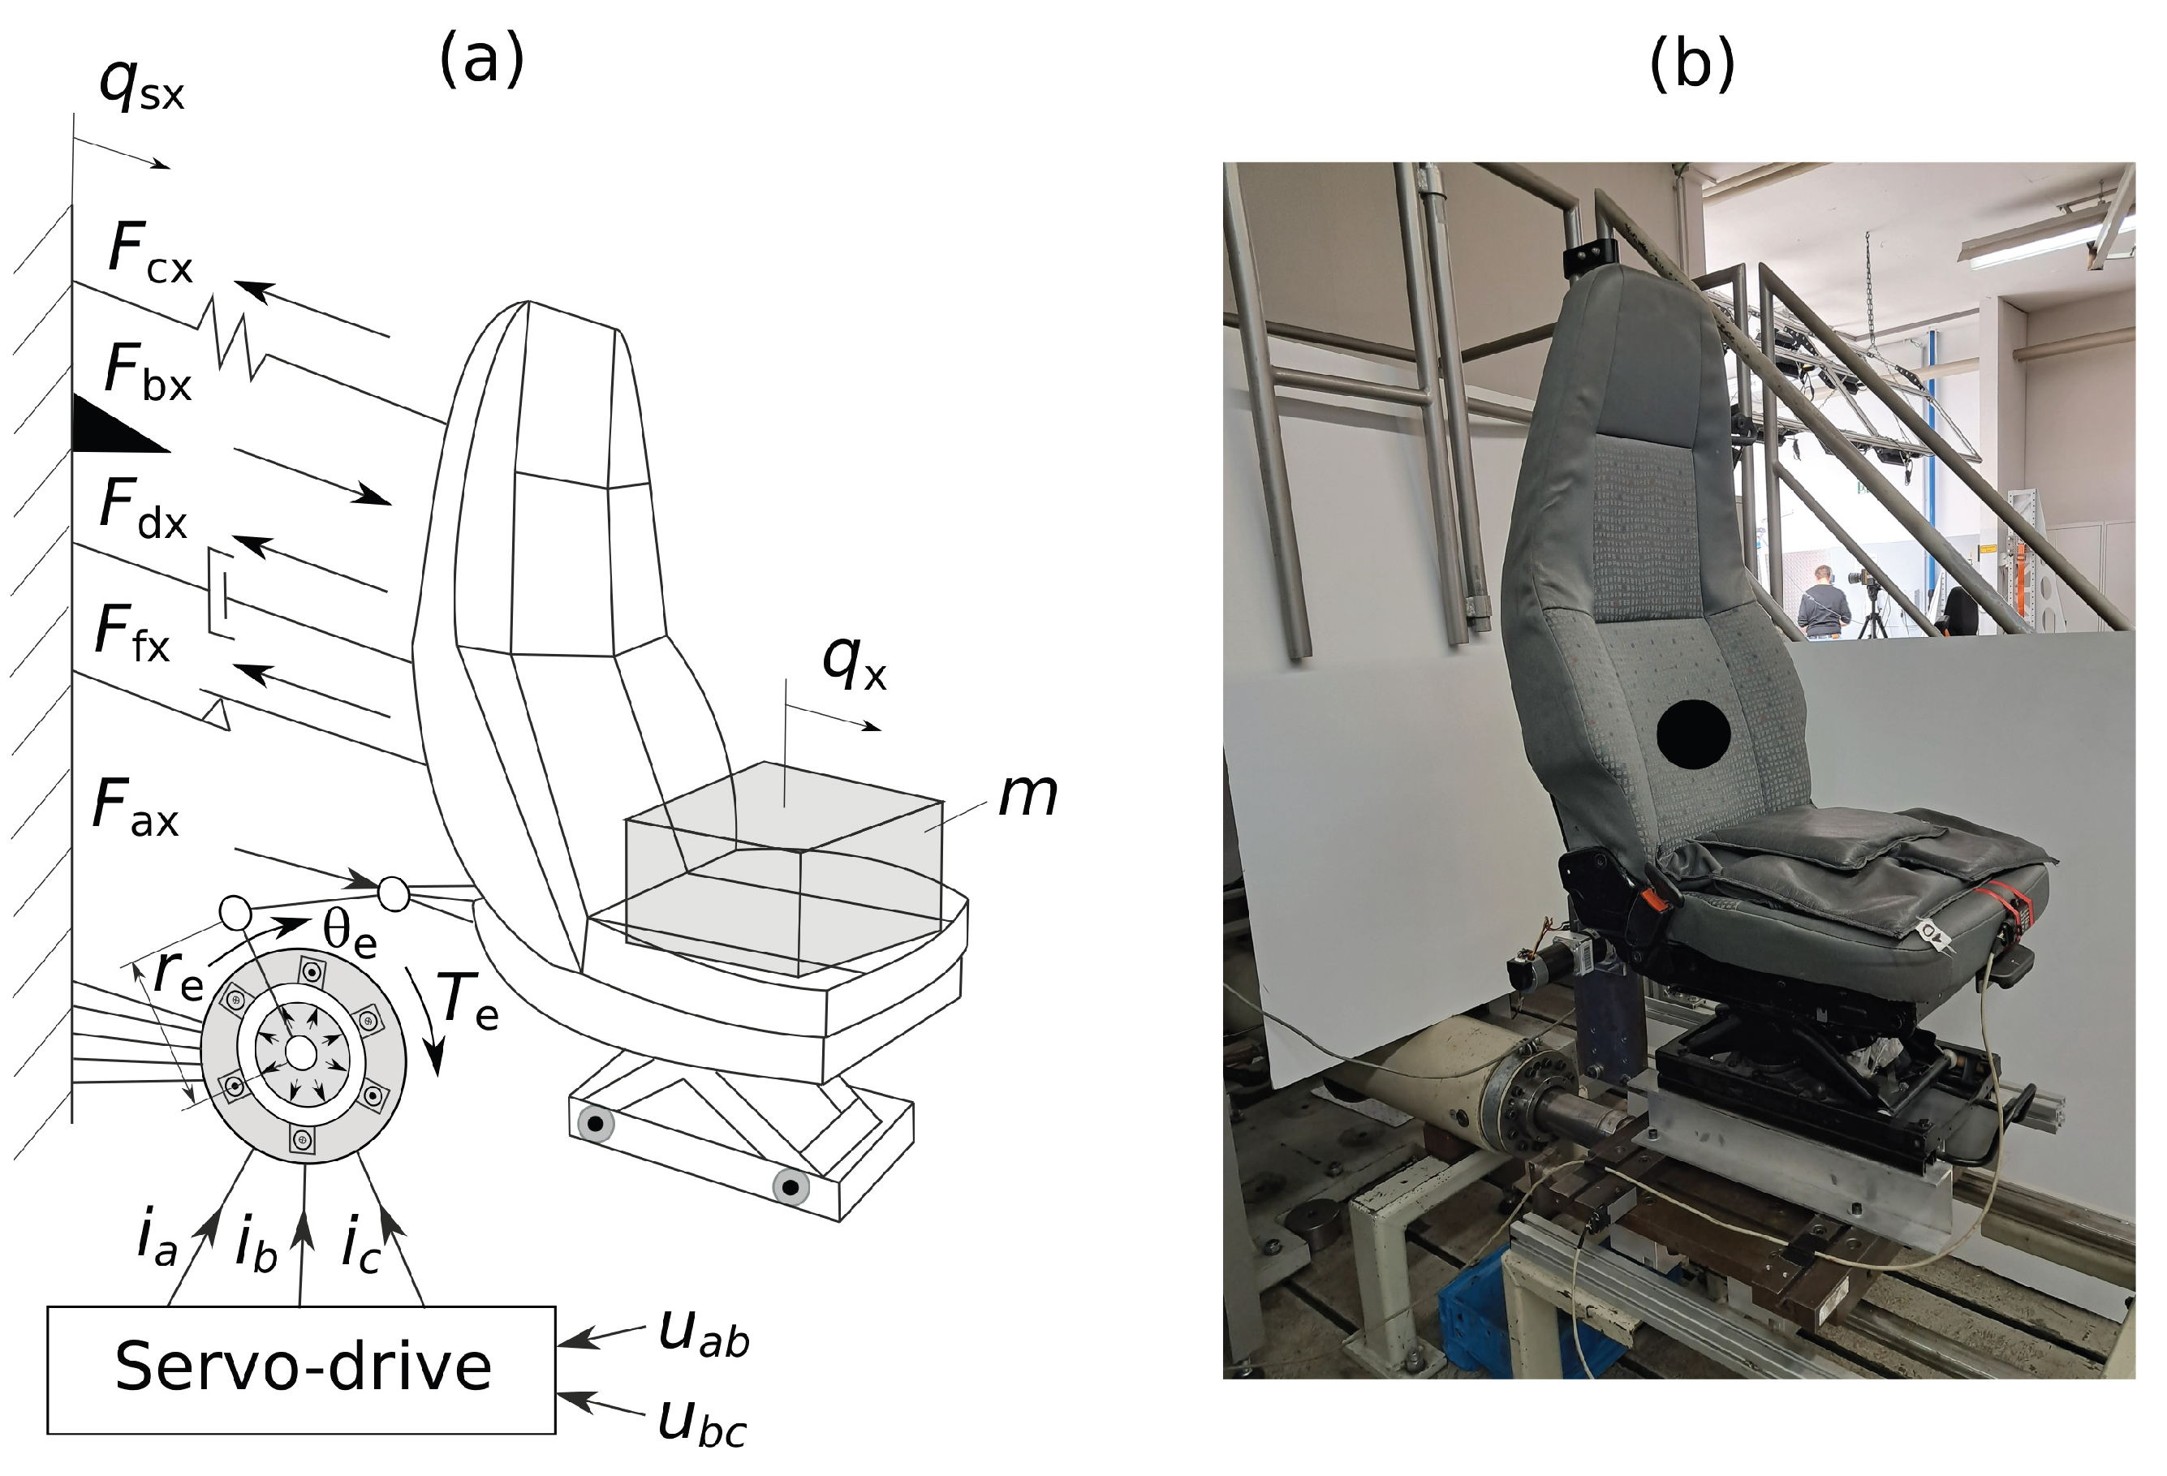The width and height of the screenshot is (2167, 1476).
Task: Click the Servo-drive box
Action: pyautogui.click(x=301, y=1369)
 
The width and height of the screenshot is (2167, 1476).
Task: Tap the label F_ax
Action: pyautogui.click(x=136, y=807)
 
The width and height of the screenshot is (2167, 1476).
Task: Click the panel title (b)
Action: pyautogui.click(x=1691, y=65)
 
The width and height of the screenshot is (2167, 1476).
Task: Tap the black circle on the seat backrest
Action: pyautogui.click(x=1693, y=734)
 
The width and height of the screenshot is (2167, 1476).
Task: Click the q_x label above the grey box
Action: pyautogui.click(x=854, y=664)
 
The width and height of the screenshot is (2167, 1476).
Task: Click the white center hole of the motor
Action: pyautogui.click(x=300, y=1052)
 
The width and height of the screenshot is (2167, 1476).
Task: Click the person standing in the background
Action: pyautogui.click(x=1823, y=602)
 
